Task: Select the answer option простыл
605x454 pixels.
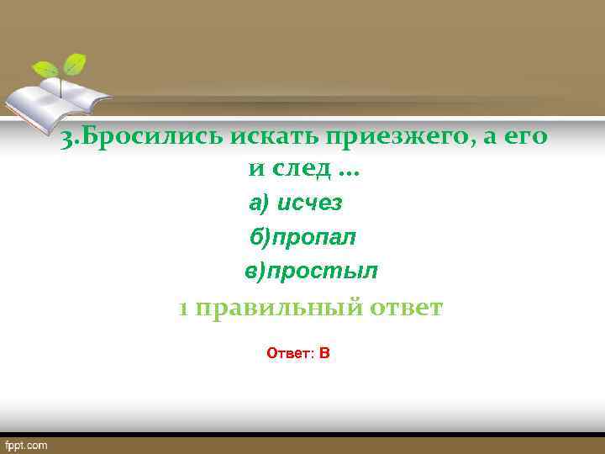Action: (x=323, y=272)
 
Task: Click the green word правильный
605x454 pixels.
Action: (x=281, y=309)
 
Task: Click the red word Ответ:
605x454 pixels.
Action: (x=290, y=353)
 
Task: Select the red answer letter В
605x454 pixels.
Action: (x=324, y=353)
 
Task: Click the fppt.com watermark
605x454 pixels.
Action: (x=27, y=445)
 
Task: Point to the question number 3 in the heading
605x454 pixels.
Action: (x=66, y=140)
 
